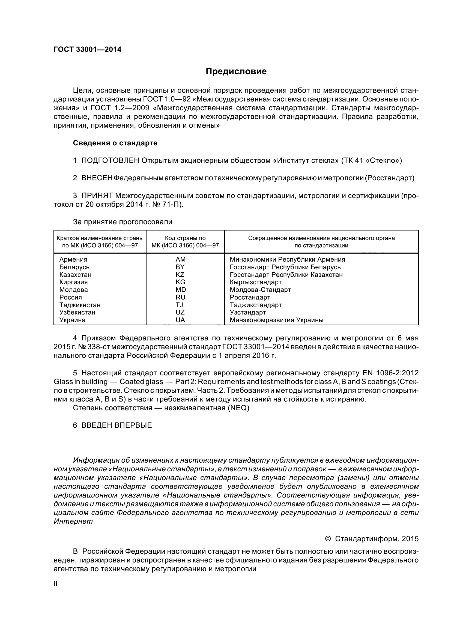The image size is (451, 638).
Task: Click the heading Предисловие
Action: (236, 71)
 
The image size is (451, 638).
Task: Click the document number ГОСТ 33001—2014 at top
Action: (87, 49)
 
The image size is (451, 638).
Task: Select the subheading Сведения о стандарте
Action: (115, 143)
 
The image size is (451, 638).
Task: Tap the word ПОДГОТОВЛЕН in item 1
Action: (110, 161)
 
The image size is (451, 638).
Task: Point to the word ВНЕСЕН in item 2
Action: (97, 178)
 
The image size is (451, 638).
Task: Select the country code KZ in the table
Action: (180, 275)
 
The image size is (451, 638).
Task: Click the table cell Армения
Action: (73, 259)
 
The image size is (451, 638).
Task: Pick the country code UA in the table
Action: (180, 320)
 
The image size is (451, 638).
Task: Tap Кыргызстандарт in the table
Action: (256, 282)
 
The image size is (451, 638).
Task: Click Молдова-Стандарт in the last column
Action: (260, 290)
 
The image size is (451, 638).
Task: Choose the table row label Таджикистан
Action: (80, 305)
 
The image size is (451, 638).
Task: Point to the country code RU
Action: (180, 297)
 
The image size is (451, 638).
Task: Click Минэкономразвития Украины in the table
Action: (276, 320)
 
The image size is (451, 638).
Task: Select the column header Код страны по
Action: (185, 238)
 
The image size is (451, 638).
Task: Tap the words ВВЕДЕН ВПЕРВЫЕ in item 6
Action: (117, 426)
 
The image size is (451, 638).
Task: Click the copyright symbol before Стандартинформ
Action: (328, 539)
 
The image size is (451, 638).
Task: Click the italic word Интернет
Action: (73, 521)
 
